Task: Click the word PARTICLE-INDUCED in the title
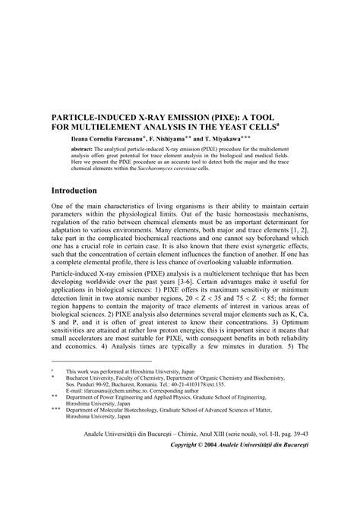pos(95,120)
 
